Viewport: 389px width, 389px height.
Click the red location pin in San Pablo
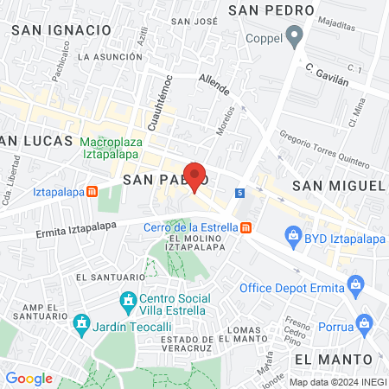[x=195, y=177]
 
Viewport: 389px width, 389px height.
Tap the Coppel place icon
[x=295, y=37]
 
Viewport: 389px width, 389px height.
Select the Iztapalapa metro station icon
[x=92, y=192]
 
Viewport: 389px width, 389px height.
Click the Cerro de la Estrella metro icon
[x=247, y=227]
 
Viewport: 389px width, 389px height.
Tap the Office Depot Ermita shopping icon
[x=354, y=284]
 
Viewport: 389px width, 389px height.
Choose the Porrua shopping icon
[x=367, y=325]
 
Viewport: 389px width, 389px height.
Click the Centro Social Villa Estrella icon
[x=128, y=301]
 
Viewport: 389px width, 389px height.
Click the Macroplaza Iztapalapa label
[x=117, y=149]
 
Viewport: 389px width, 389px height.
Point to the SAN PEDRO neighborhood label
[x=271, y=10]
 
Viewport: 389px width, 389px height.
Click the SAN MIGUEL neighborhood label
[x=337, y=186]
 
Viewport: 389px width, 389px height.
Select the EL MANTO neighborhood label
[x=333, y=358]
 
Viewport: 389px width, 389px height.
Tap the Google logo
[x=29, y=378]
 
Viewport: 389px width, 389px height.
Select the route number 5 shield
[x=239, y=192]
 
